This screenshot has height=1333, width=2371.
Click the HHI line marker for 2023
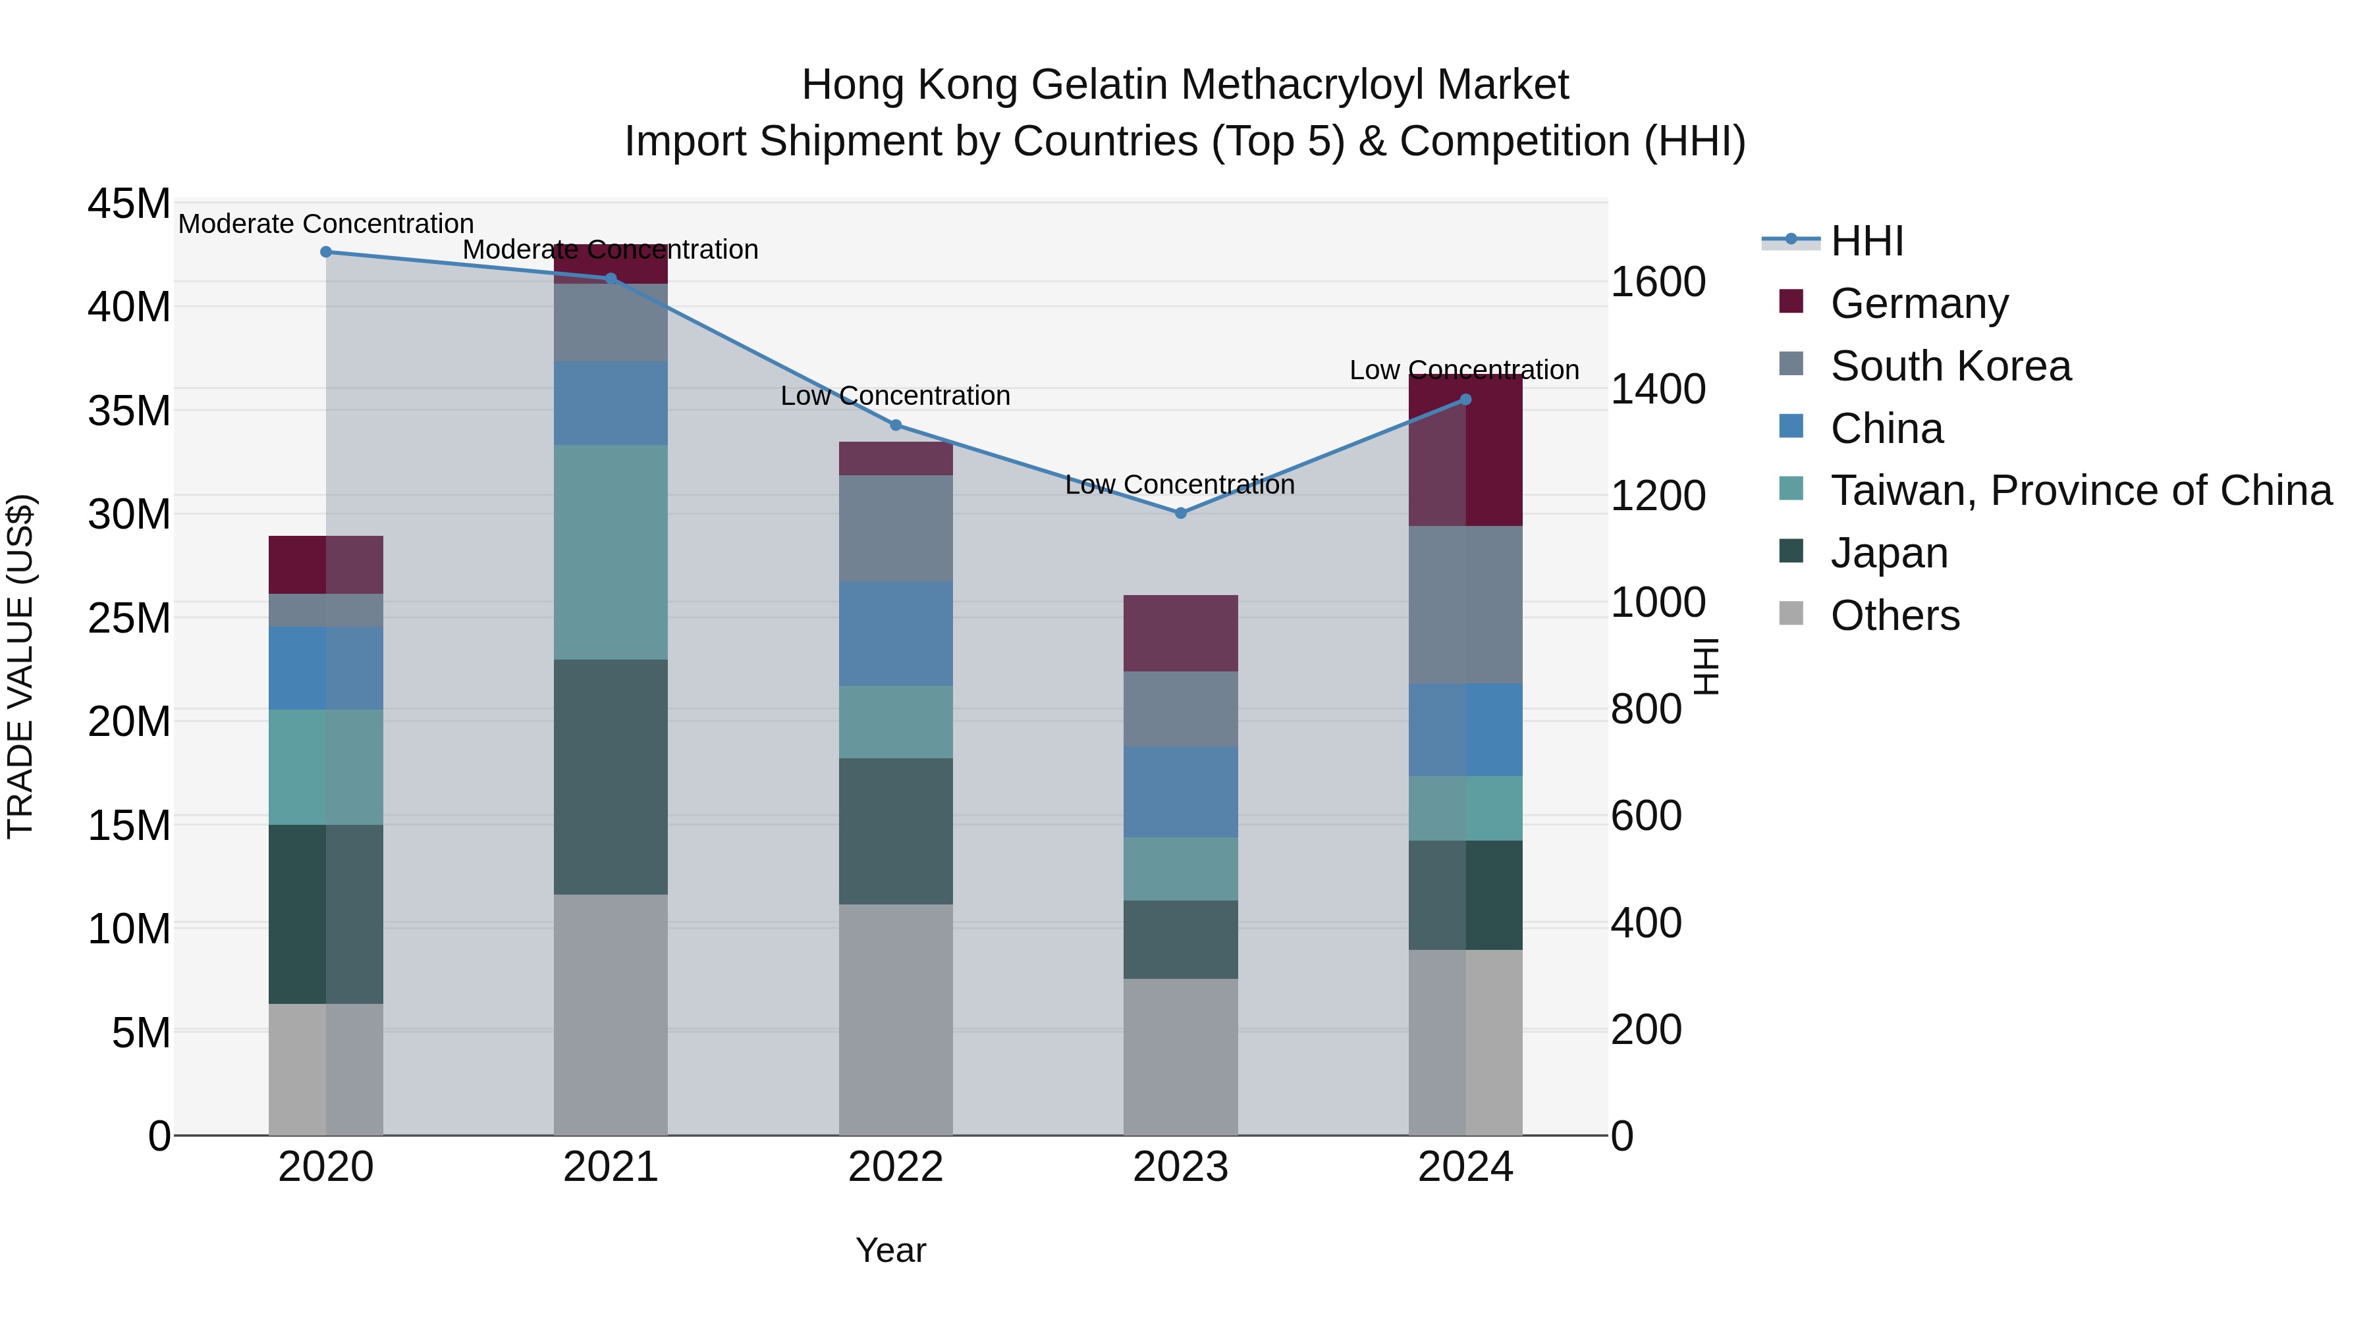click(x=1181, y=512)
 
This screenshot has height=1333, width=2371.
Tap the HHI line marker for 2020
click(x=326, y=251)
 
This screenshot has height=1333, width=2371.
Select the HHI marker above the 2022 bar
click(x=896, y=425)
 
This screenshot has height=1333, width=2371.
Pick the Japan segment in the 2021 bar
click(x=611, y=777)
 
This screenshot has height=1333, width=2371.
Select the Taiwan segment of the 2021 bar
click(x=611, y=552)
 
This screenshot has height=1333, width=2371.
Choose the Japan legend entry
click(x=1889, y=553)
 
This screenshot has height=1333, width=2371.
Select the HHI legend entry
click(x=1866, y=241)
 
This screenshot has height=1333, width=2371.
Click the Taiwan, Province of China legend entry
click(x=2080, y=490)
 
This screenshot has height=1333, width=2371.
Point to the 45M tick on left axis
click(x=129, y=203)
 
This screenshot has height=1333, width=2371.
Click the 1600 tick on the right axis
click(x=1658, y=282)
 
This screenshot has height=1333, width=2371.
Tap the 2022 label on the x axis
click(x=896, y=1167)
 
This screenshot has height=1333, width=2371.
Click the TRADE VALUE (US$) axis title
click(x=20, y=666)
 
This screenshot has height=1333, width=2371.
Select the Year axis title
click(x=890, y=1250)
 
